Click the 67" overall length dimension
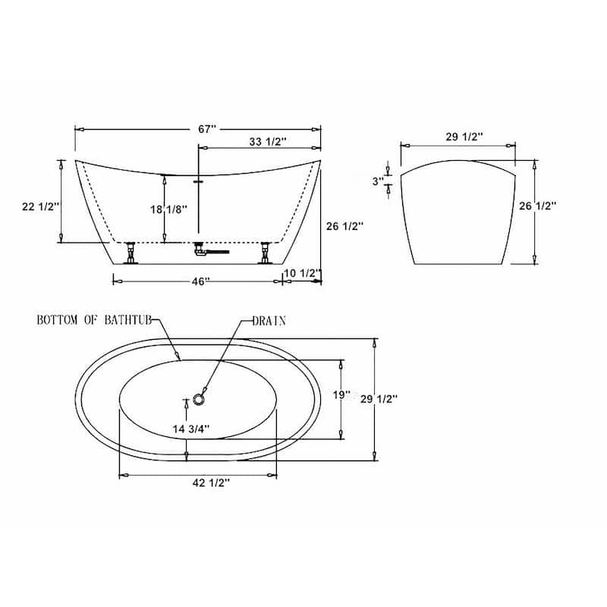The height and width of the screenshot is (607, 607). point(206,129)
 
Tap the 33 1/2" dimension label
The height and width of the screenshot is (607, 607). point(268,142)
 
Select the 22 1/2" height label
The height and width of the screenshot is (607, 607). point(41,206)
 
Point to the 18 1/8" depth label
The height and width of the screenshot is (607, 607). point(168,209)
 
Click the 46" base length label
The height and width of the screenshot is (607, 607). point(200,281)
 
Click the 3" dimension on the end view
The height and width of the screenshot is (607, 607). point(378,181)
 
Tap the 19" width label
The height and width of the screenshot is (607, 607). point(341,395)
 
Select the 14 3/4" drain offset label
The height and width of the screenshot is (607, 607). point(191,429)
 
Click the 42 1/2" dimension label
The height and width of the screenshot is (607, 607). point(212,483)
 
